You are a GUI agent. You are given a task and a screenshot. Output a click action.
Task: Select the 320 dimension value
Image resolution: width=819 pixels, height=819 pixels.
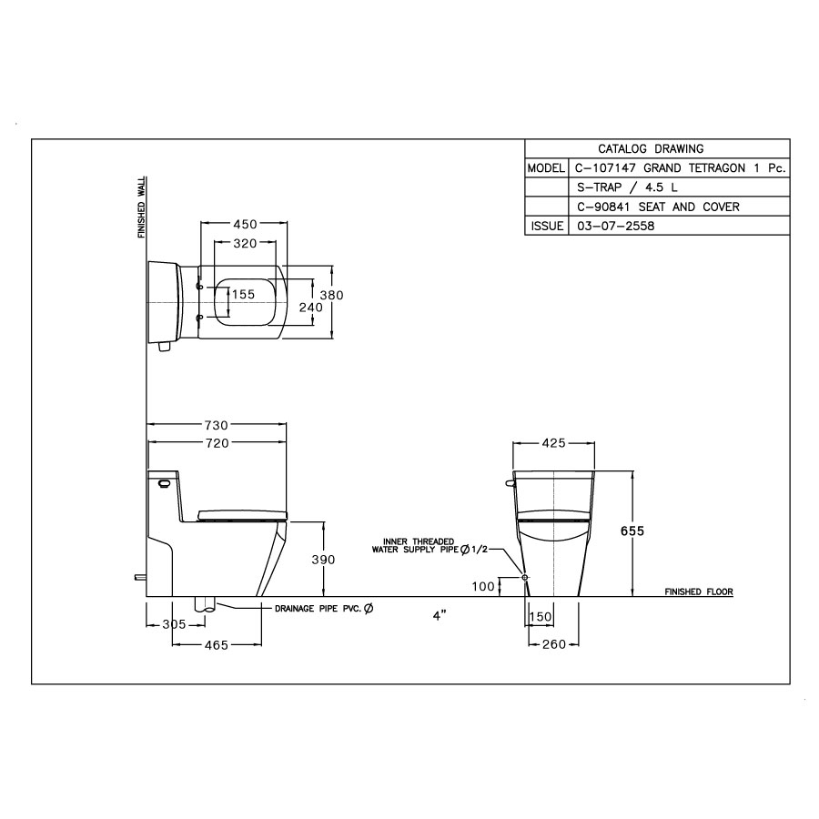coord(243,243)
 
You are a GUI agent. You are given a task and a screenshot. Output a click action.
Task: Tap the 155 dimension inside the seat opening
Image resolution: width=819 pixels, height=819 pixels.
coord(242,294)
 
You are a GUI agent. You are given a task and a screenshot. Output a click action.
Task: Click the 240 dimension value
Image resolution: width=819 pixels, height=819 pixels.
coord(311,308)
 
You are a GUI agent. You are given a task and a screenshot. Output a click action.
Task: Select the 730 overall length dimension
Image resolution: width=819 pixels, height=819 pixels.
coord(216,425)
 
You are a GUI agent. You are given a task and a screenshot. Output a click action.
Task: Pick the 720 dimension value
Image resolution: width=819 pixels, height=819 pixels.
coord(216,442)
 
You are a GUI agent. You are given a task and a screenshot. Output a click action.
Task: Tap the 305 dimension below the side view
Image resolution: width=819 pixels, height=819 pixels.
coord(173,624)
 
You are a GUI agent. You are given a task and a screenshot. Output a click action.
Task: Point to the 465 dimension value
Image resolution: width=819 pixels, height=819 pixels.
coord(216,644)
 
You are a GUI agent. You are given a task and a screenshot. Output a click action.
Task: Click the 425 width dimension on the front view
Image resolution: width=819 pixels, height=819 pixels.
coord(554,443)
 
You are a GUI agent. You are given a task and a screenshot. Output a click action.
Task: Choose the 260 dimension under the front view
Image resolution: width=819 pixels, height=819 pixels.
coord(554,644)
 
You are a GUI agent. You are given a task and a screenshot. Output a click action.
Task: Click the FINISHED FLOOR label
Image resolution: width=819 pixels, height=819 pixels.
coord(698,591)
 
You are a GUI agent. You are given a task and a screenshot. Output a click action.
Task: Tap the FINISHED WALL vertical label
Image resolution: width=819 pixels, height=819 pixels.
coord(142,207)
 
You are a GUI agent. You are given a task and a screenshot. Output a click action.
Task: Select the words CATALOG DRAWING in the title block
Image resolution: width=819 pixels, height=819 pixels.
coord(650,149)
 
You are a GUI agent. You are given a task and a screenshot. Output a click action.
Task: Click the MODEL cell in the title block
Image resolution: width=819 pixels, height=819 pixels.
coord(545,169)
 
